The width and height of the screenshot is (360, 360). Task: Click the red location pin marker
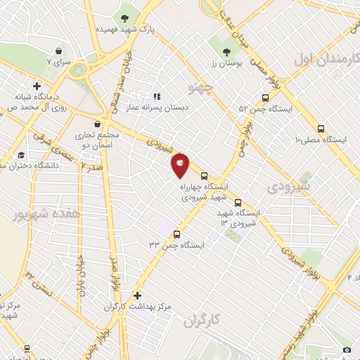(x=181, y=166)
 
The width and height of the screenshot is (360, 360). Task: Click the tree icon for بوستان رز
(x=226, y=53)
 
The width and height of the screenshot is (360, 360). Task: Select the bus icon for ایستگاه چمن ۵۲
(x=265, y=98)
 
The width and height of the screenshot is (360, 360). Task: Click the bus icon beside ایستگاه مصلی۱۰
(x=321, y=129)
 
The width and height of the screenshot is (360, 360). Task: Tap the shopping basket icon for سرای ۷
(x=59, y=51)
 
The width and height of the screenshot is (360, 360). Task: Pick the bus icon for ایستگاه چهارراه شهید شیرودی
(x=204, y=176)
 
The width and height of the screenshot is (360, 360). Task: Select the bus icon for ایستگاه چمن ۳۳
(x=176, y=234)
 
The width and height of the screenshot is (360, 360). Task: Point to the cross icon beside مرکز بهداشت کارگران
(x=138, y=295)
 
